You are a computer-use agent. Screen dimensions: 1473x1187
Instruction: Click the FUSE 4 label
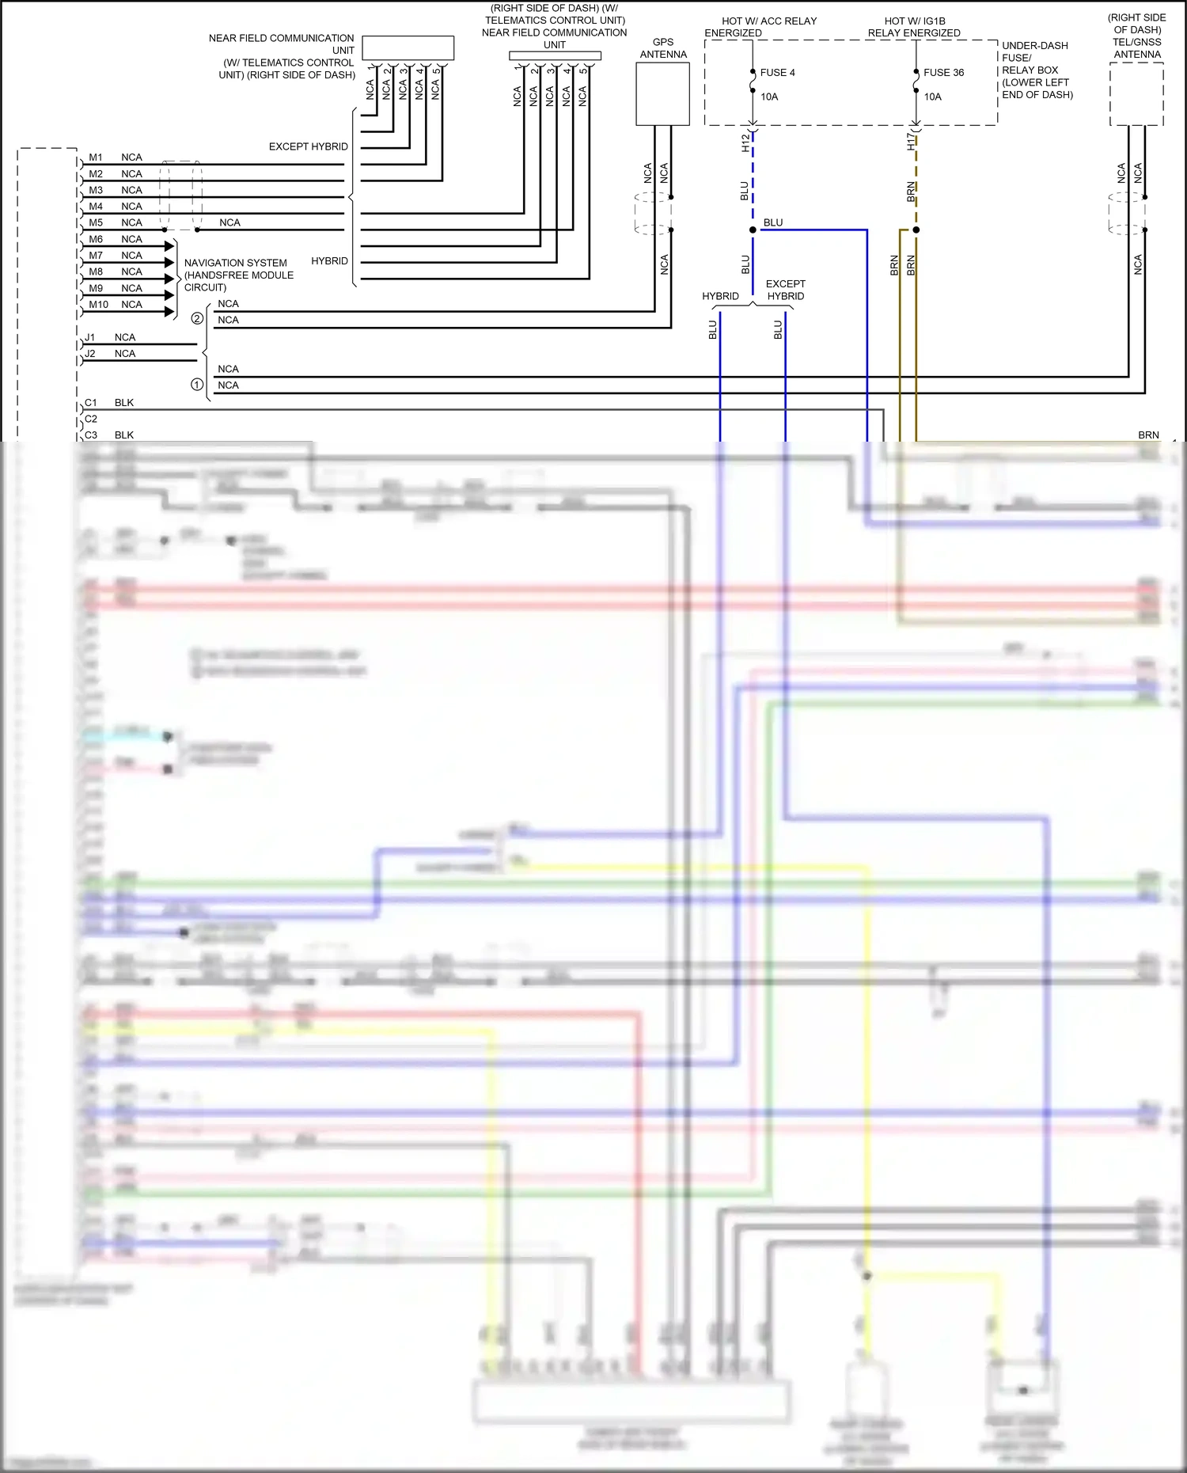coord(777,72)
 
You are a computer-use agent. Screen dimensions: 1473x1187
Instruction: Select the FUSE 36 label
coord(943,72)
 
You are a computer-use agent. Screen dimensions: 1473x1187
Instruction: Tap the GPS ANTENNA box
coord(662,94)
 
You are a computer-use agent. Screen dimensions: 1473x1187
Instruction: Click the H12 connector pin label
coord(745,142)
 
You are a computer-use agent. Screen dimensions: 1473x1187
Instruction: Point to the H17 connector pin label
coord(911,142)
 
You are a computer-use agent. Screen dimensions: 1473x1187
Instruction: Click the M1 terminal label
coord(96,158)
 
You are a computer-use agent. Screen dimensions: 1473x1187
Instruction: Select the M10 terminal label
coord(98,305)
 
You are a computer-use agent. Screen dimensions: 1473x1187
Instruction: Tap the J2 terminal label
coord(90,354)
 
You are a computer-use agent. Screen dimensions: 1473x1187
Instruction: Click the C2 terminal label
coord(91,419)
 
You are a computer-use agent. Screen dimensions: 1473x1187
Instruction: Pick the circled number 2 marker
coord(197,318)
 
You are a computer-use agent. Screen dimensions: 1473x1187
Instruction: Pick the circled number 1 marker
coord(197,384)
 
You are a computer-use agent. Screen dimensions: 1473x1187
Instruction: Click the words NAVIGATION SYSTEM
coord(235,263)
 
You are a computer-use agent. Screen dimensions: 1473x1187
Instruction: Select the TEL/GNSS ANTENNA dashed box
coord(1136,94)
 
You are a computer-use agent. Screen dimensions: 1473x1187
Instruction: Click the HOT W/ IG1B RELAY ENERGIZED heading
coord(914,27)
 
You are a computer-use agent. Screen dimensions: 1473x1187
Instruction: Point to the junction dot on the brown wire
coord(916,230)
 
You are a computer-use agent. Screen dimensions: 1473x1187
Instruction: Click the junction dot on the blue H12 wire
coord(753,230)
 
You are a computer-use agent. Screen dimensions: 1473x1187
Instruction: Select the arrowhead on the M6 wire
coord(169,246)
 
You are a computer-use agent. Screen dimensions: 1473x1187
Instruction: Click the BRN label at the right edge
coord(1148,435)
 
